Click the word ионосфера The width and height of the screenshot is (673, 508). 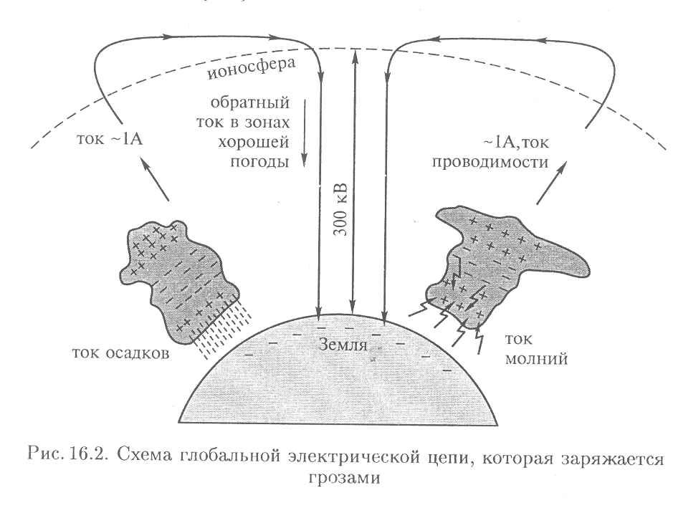coord(252,69)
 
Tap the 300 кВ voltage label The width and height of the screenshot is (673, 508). coord(341,210)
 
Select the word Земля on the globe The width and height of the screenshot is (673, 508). coord(343,345)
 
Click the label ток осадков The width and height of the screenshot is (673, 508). coord(120,353)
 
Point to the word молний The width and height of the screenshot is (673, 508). coord(536,358)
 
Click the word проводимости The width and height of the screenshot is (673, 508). coord(490,163)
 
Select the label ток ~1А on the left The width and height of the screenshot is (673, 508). coord(110,140)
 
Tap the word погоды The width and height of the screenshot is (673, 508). coord(259,162)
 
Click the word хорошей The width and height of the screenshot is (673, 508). coord(254,143)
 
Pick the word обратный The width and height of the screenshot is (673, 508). coord(250,103)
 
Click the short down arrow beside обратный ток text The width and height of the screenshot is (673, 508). coord(305,133)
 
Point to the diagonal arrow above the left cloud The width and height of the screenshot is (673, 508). coord(155,179)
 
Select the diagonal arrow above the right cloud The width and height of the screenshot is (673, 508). coord(552,182)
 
